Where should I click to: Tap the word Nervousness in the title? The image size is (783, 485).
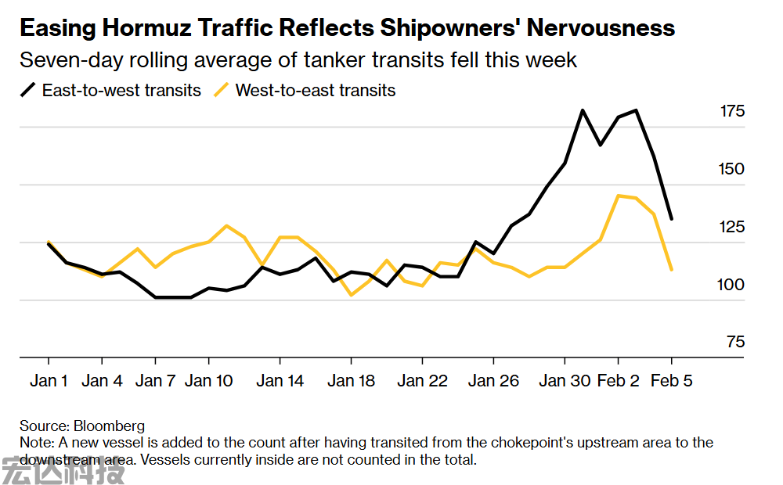coord(600,29)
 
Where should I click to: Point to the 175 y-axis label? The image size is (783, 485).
coord(732,112)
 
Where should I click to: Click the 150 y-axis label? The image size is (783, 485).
coord(732,170)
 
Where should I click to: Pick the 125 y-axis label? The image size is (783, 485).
coord(732,228)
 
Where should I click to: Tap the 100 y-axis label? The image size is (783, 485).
coord(732,286)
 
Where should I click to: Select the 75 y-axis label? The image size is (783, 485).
coord(736,343)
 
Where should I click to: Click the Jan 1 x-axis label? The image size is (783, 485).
coord(49,381)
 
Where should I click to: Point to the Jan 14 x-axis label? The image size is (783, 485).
coord(280,381)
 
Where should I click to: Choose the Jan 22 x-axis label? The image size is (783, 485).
coord(422,381)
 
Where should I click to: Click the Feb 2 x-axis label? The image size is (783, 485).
coord(618,381)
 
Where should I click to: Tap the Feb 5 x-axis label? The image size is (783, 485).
coord(671,381)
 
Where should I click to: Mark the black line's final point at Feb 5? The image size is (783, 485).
coord(671,218)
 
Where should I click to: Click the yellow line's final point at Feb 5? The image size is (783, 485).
coord(671,270)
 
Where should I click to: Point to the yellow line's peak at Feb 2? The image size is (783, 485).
coord(619,196)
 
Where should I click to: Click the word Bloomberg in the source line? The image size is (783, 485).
coord(109,426)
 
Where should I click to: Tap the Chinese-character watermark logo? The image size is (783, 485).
coord(63,471)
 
